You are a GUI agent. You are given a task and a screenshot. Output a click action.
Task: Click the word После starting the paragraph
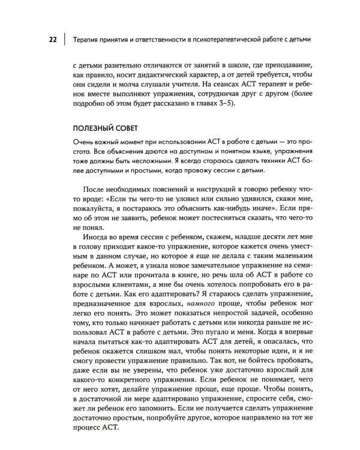coord(94,191)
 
